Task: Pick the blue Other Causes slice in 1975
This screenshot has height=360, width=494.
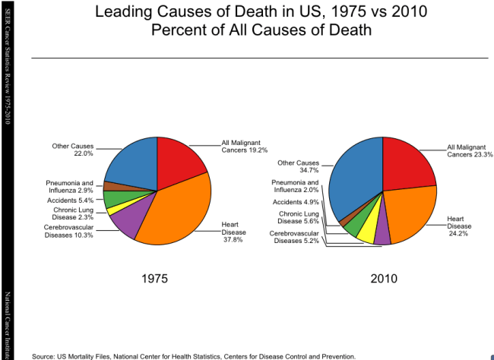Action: pos(131,163)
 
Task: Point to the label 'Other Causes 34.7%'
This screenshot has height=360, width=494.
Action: pos(298,167)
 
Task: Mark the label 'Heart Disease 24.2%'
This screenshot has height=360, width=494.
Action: pos(459,225)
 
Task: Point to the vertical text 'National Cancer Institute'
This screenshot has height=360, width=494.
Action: pos(7,322)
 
